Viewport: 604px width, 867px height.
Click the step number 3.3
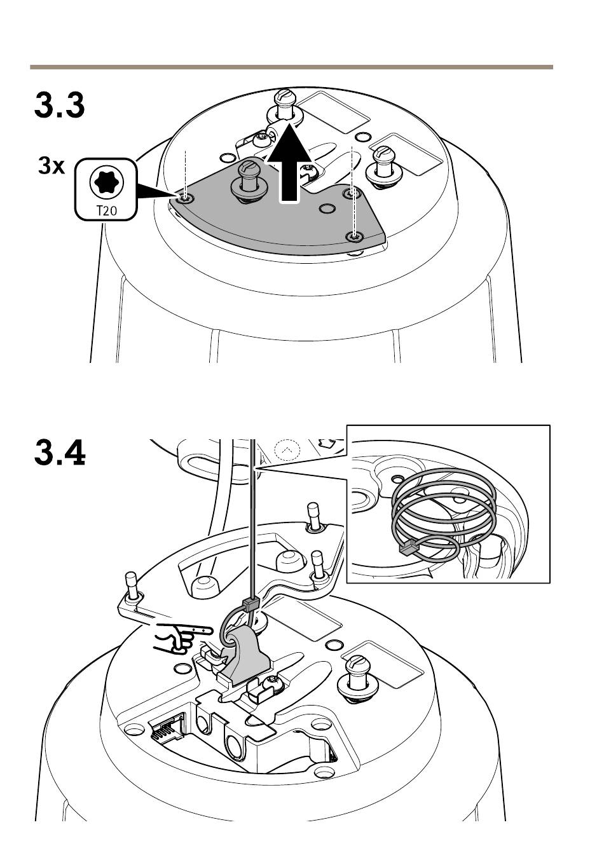click(59, 105)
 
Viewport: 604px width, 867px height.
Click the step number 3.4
click(60, 453)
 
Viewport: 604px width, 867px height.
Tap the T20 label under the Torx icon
click(106, 211)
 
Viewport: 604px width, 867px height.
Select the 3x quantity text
click(51, 166)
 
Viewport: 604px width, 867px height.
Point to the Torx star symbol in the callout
click(106, 182)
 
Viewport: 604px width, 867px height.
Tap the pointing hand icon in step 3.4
click(182, 638)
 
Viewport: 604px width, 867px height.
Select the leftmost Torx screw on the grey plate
click(186, 199)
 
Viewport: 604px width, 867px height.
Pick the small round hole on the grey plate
click(327, 208)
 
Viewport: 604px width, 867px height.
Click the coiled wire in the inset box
click(444, 514)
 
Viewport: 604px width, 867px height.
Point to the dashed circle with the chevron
click(287, 449)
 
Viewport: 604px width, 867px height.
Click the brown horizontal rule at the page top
click(292, 67)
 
